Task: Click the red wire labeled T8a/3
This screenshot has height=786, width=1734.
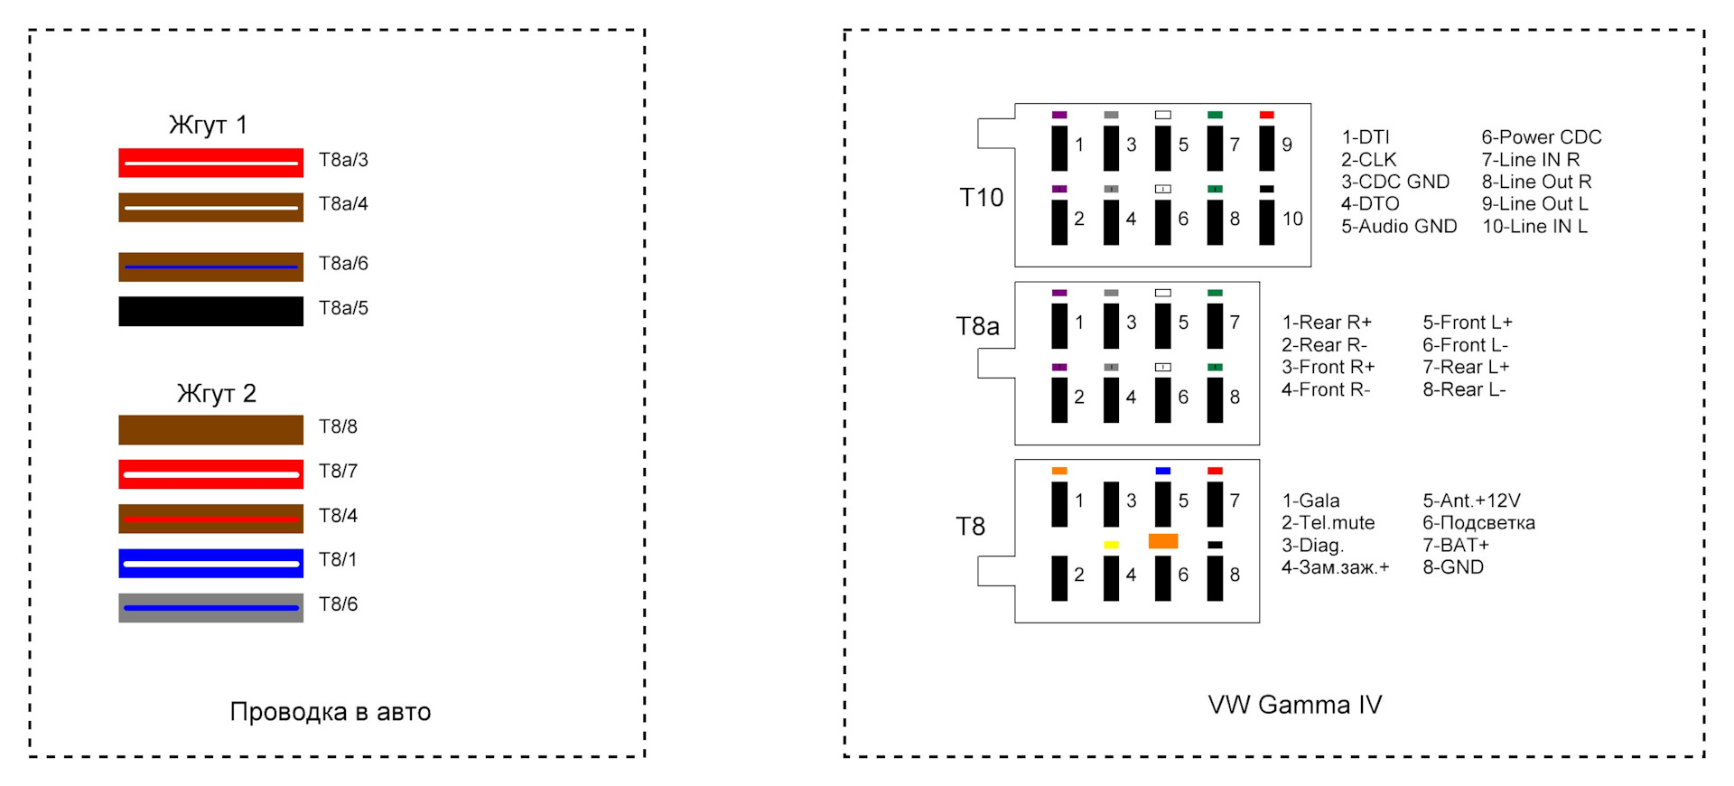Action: (x=210, y=163)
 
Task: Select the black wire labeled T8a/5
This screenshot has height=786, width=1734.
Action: (x=210, y=311)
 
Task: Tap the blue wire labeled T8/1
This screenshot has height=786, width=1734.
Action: (x=210, y=563)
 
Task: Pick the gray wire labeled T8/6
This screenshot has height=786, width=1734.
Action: (x=210, y=607)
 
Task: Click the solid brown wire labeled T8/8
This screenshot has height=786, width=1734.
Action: (x=210, y=429)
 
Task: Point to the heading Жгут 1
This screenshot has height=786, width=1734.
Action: (x=208, y=125)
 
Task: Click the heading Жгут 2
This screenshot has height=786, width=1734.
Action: (x=217, y=394)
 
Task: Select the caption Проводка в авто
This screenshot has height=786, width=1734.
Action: (x=331, y=712)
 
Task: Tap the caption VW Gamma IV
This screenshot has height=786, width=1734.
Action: (x=1295, y=705)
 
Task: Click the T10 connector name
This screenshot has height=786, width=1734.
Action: (x=982, y=198)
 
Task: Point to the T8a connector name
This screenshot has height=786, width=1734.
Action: (x=978, y=326)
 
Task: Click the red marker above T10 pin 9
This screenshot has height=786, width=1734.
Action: (x=1267, y=115)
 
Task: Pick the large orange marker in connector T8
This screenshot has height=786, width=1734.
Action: (x=1163, y=541)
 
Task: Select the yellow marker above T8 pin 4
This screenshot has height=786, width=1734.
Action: (x=1111, y=545)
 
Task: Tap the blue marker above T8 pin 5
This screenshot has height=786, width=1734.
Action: (x=1163, y=471)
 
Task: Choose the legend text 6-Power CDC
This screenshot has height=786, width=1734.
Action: (x=1542, y=137)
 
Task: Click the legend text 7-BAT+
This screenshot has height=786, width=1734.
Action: (x=1456, y=545)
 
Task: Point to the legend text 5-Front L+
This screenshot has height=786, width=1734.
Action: (x=1468, y=323)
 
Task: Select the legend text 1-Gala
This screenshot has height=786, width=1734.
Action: (x=1311, y=501)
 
